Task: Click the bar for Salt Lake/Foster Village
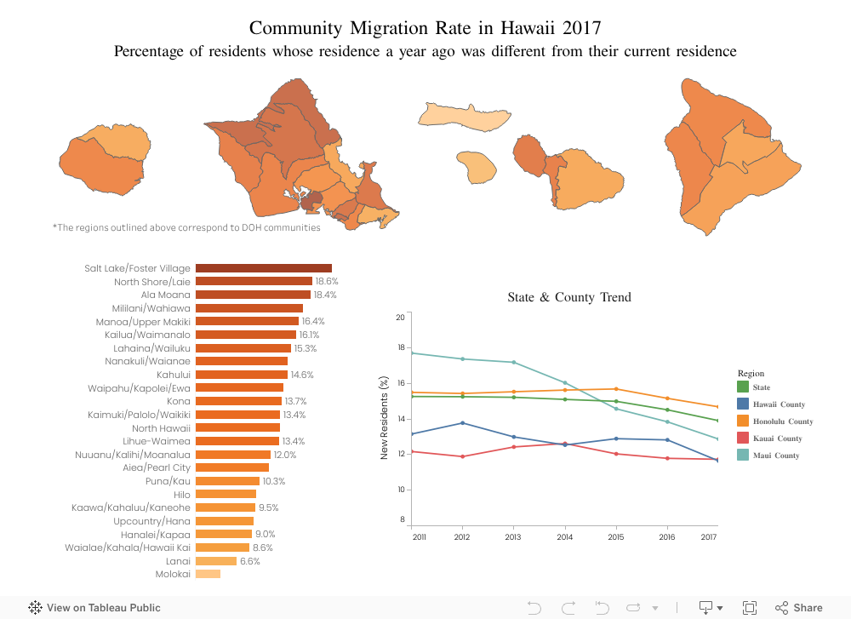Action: (263, 268)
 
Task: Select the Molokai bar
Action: (208, 574)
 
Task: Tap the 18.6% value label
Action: (327, 281)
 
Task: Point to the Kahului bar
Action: (242, 375)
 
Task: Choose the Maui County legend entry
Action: (775, 456)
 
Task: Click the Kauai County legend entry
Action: (777, 438)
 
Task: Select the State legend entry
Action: (761, 387)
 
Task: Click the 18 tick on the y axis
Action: (401, 348)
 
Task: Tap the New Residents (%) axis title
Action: (385, 419)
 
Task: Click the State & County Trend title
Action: (569, 297)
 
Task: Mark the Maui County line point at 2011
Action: (411, 352)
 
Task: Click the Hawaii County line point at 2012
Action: (462, 423)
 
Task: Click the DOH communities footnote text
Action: (186, 228)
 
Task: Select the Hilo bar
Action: (226, 494)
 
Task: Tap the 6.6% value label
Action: (250, 561)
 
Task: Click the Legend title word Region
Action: (751, 373)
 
